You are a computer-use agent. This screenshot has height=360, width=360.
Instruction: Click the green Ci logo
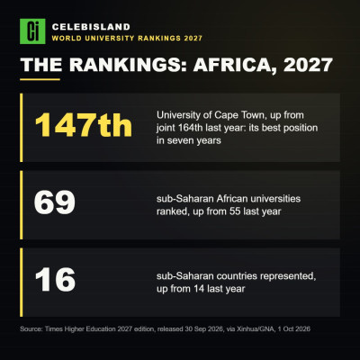coord(32,31)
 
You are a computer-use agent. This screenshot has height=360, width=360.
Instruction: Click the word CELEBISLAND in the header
coord(91,27)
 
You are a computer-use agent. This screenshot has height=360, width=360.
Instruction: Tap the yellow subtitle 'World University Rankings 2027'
coord(127,39)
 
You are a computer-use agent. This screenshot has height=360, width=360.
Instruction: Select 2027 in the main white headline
coord(308,65)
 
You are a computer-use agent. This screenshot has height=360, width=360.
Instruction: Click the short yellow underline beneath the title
coord(40,79)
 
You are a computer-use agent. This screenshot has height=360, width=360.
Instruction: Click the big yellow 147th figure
coord(84,125)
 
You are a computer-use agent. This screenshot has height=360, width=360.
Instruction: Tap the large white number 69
coord(55,202)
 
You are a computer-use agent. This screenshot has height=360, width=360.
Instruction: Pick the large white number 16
coord(55,280)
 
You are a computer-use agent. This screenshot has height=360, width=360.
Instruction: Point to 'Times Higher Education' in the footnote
coord(81,329)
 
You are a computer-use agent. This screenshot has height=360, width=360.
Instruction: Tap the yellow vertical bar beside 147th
coord(22,128)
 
